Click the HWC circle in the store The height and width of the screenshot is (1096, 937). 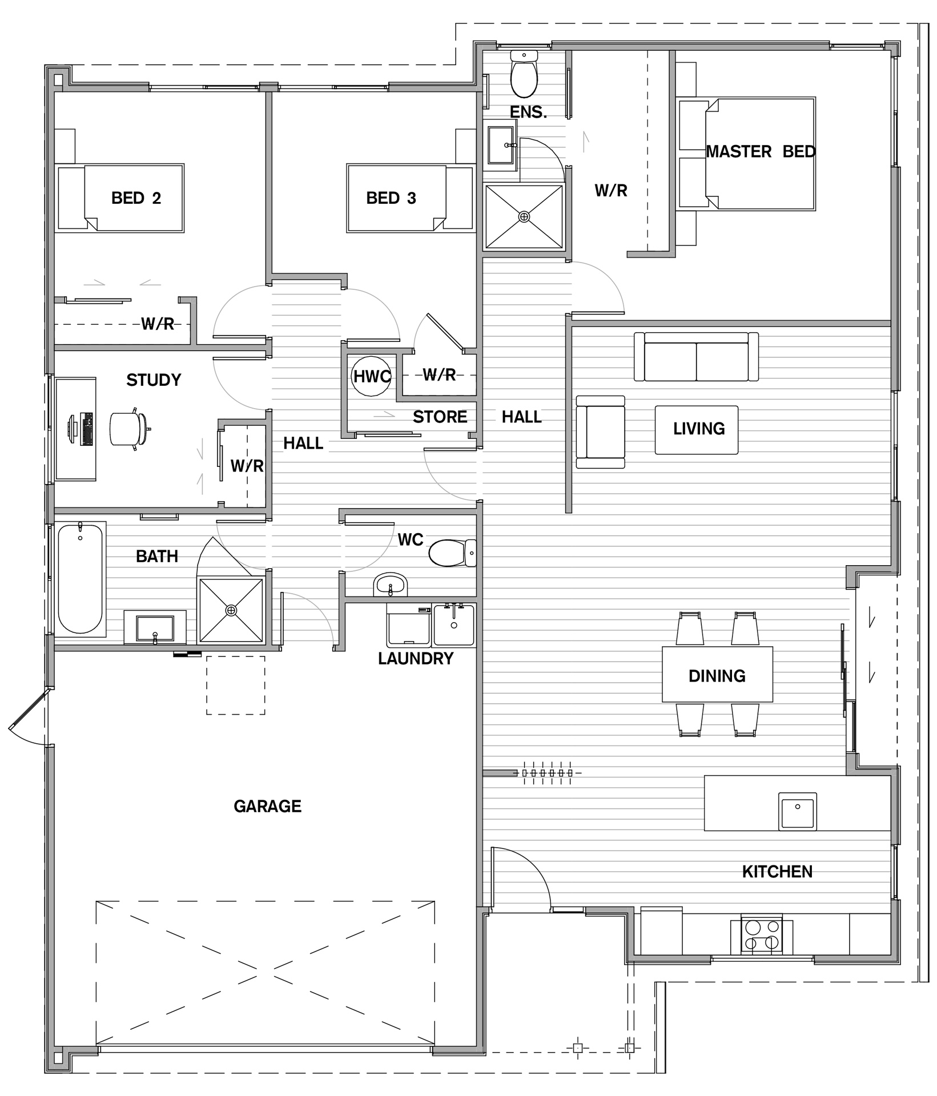click(371, 376)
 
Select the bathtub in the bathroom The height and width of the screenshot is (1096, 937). click(80, 579)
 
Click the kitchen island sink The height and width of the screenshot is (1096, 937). click(797, 811)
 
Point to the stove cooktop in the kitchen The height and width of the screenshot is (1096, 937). click(762, 934)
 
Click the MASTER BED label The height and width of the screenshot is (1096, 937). click(761, 152)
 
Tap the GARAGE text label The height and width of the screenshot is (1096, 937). click(267, 806)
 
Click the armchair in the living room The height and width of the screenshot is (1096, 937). click(600, 432)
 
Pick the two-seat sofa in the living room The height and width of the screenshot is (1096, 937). click(696, 357)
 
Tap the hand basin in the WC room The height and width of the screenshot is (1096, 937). click(390, 585)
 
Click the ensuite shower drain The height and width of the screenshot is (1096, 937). click(524, 217)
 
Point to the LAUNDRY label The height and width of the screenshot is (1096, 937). click(416, 659)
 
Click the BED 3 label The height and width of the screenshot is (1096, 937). click(391, 198)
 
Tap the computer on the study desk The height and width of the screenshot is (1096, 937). click(80, 429)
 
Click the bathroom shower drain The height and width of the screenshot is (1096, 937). click(231, 611)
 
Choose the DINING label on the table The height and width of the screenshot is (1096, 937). click(717, 676)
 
